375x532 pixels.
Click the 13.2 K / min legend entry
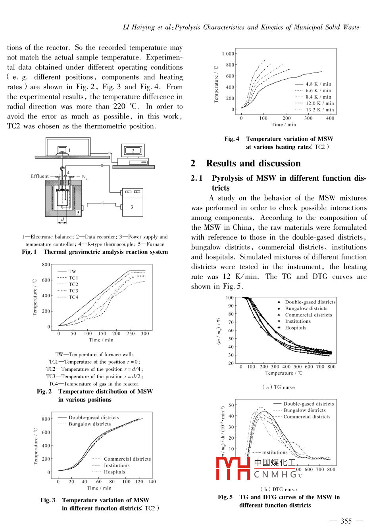319,110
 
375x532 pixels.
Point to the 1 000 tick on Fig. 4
228,54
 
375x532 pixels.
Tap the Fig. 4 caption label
232,139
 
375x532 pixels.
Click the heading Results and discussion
253,163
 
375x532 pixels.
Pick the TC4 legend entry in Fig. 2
73,297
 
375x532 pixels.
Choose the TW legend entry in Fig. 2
72,271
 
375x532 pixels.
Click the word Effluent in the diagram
40,176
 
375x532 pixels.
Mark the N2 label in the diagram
85,177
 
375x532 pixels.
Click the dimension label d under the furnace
62,219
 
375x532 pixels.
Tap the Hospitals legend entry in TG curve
296,328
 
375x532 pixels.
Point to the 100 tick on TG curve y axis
230,297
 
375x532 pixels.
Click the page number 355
346,521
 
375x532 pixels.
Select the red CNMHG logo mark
233,468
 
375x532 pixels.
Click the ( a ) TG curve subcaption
279,387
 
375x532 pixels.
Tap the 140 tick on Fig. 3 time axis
152,482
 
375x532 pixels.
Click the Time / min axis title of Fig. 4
284,124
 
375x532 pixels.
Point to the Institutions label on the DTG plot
275,452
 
